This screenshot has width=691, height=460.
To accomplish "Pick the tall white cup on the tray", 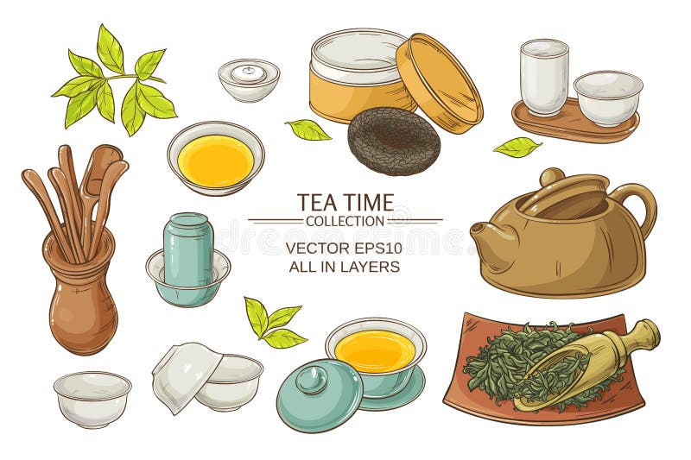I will [543, 77].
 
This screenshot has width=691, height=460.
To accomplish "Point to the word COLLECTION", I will [345, 221].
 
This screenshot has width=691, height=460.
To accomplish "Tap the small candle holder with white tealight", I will [248, 78].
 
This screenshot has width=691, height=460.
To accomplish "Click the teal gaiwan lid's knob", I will [312, 379].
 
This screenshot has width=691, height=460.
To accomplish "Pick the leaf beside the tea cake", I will [308, 129].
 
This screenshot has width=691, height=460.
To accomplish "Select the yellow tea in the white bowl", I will [215, 160].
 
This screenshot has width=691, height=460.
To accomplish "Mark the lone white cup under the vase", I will [92, 398].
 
